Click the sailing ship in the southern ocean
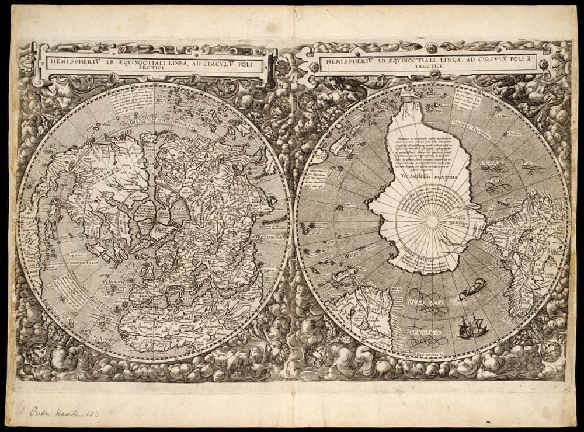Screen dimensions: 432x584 (x=465, y=327)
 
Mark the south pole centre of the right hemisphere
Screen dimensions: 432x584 (x=431, y=221)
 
